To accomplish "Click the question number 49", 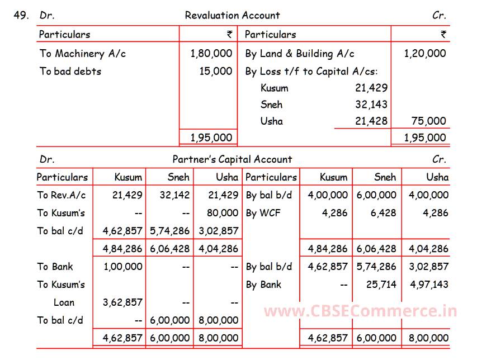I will click(21, 16).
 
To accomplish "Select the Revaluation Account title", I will click(232, 16).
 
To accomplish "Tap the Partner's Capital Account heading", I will click(232, 159).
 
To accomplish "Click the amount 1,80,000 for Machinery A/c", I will click(211, 54).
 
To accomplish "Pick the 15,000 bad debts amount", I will click(215, 71).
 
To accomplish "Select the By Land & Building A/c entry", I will click(299, 54).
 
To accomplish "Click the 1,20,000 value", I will click(425, 54).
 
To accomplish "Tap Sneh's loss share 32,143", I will click(371, 105).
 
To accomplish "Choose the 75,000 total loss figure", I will click(428, 121).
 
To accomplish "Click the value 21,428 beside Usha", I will click(371, 121).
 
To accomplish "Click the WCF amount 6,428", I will click(383, 213).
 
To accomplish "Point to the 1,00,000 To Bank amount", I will click(123, 267).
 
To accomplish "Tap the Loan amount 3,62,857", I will click(123, 302).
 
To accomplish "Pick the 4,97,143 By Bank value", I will click(429, 285).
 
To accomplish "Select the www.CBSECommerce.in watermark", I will click(360, 311).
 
